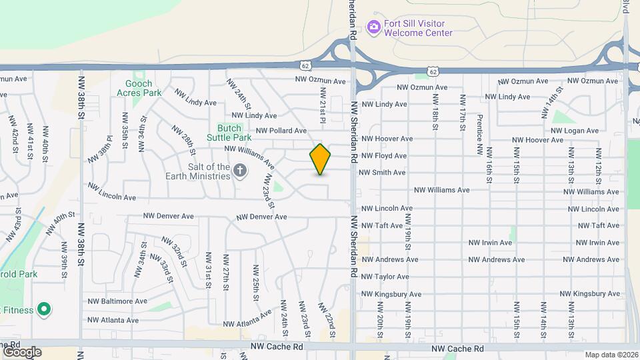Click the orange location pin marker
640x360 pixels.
point(321,159)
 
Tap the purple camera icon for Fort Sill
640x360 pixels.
point(374,27)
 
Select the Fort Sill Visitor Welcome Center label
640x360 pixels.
point(419,27)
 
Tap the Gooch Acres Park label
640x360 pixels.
point(143,88)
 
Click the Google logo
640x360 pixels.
point(21,351)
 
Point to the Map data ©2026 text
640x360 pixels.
point(611,355)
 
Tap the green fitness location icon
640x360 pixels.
point(44,309)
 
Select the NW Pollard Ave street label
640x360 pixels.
point(281,131)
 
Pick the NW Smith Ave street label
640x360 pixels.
point(382,173)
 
